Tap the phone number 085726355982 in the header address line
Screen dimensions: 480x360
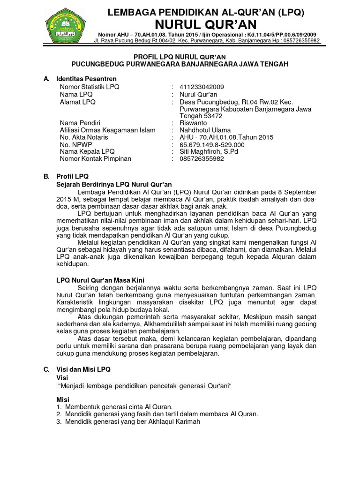(x=298, y=41)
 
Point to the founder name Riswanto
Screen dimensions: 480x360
(x=193, y=123)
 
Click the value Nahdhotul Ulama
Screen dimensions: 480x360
(x=205, y=130)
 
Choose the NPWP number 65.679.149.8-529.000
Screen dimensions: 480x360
(x=212, y=144)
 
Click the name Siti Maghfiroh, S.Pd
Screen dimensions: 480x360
(x=209, y=151)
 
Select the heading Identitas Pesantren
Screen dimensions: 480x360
(x=86, y=79)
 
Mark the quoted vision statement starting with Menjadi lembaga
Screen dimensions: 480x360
(x=145, y=385)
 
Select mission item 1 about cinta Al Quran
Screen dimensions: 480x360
(x=118, y=406)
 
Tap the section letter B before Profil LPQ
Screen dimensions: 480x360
(x=46, y=177)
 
